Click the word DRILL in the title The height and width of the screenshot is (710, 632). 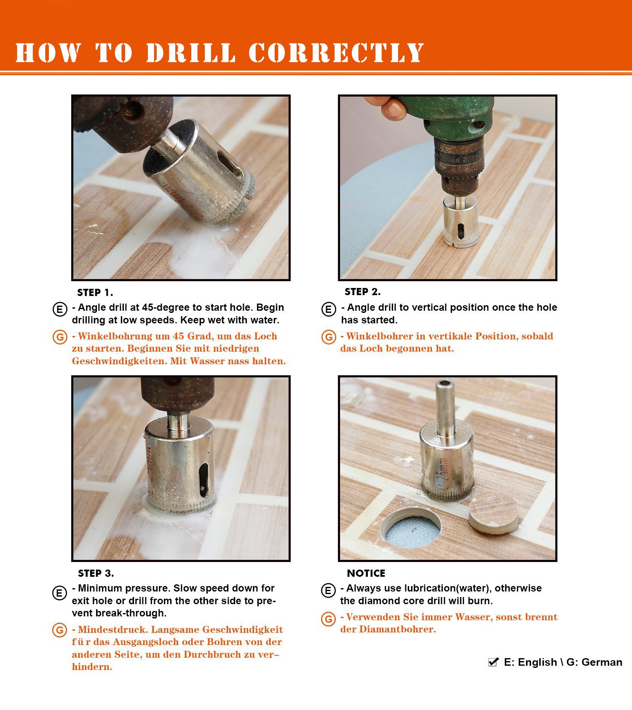coord(191,53)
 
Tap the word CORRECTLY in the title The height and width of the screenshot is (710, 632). coord(336,53)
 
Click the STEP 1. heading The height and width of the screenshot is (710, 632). coord(95,293)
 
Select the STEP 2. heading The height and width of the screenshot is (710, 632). coord(362,292)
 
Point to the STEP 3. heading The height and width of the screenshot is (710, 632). coord(96,573)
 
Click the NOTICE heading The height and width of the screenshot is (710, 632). coord(366,573)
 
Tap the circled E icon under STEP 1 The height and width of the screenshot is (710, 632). coord(60,309)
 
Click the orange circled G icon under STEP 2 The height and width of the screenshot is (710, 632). coord(329,337)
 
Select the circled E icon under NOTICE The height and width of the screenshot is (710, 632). coord(328,590)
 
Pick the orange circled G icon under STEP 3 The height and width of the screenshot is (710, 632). coord(60,630)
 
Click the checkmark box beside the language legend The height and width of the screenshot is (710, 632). coord(493,662)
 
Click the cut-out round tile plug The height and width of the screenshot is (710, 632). coord(493,513)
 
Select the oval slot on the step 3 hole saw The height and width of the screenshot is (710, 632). coord(204,480)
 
